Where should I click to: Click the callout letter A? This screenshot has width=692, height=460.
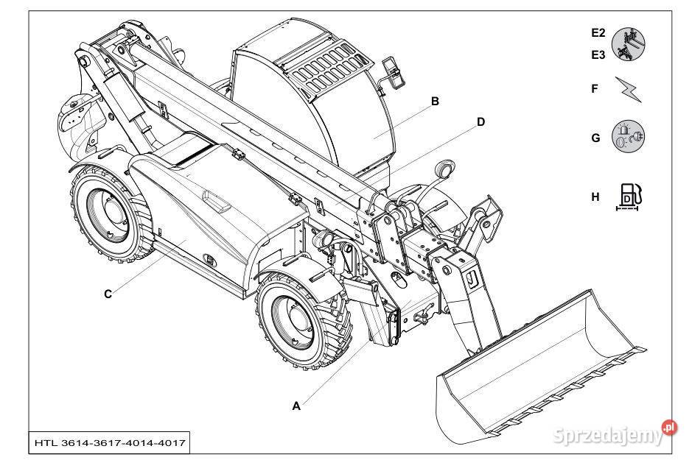[297, 405]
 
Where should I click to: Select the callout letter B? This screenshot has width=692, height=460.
[436, 102]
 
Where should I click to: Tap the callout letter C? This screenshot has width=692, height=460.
[108, 294]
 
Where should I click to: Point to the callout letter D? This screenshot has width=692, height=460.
[480, 122]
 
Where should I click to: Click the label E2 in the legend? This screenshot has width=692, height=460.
[598, 32]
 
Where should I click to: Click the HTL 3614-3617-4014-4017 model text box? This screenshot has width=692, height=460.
[109, 443]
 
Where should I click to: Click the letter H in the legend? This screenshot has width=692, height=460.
[595, 197]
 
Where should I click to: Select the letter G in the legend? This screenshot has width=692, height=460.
[595, 138]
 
